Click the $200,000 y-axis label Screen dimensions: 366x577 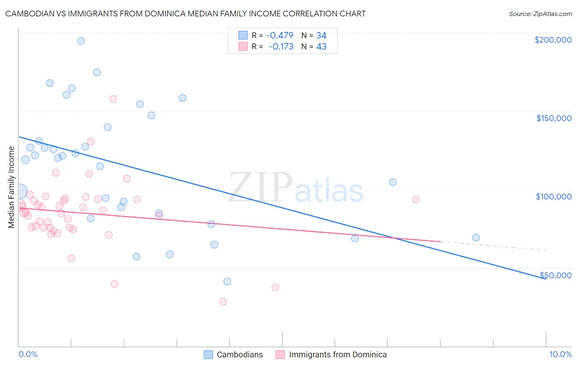(553, 40)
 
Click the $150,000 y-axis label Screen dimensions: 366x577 (554, 118)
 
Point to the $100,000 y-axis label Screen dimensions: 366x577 (554, 197)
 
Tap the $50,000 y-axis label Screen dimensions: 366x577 (556, 275)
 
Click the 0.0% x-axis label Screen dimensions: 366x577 (28, 354)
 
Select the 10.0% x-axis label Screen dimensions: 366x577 (560, 354)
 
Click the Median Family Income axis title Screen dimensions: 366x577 (11, 187)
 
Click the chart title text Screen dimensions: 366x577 (185, 14)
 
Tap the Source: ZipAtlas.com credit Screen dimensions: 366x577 (540, 14)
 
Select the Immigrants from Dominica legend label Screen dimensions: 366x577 (337, 355)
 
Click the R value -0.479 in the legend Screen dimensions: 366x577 (279, 35)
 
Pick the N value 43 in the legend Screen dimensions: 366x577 (321, 47)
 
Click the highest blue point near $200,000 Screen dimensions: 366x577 (81, 41)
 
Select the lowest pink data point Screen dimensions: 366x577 (223, 302)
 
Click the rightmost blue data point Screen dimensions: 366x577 (476, 238)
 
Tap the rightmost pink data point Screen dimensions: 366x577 (416, 199)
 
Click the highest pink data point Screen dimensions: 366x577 (114, 99)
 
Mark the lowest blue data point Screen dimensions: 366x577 (227, 281)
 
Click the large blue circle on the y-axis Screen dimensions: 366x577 (20, 191)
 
